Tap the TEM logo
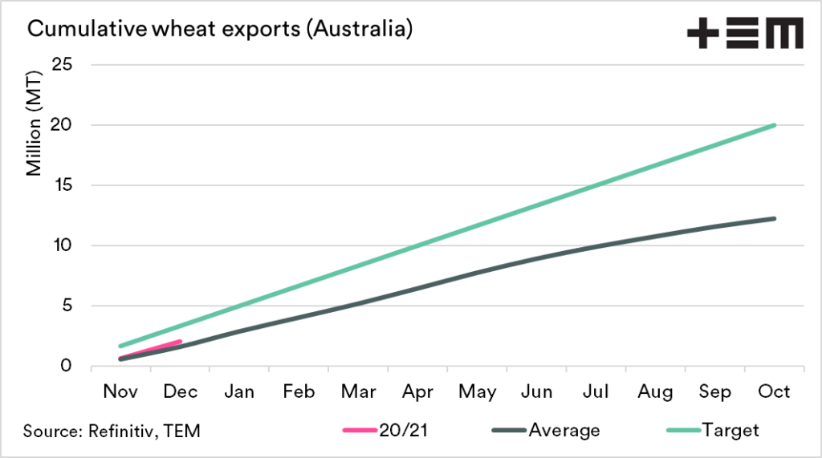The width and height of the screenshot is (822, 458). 744,34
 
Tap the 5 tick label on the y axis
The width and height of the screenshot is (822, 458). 67,306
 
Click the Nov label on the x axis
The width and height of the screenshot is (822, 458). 120,392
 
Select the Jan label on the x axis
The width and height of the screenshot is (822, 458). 239,392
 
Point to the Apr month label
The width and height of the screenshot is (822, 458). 417,392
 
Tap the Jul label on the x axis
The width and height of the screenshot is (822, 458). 596,392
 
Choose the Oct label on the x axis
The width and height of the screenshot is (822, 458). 775,392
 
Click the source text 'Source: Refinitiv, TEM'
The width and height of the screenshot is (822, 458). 112,431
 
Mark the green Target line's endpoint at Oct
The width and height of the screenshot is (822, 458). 775,125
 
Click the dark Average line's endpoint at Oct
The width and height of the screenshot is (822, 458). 775,218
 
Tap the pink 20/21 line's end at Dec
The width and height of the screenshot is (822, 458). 180,341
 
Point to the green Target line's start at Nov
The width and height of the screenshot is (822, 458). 120,347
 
